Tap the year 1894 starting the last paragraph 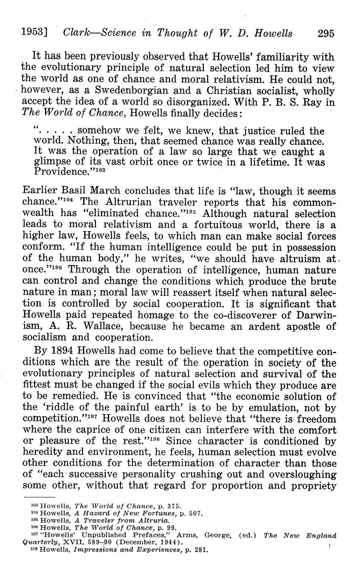point(64,352)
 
